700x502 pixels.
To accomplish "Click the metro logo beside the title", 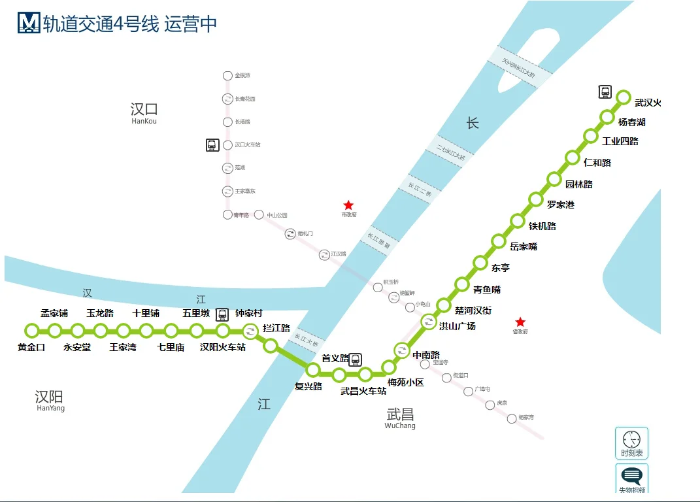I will click(29, 23).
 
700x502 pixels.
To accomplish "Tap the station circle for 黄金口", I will click(31, 331).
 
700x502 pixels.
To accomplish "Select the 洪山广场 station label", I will click(457, 326).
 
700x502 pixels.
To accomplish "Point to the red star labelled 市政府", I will click(348, 205).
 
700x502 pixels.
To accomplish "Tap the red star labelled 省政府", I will click(520, 322).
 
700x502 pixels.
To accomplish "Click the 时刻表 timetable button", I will click(631, 443).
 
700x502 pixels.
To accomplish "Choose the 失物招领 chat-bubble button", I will click(631, 478).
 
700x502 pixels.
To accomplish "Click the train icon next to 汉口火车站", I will click(212, 145).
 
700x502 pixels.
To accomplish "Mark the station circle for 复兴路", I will click(313, 370).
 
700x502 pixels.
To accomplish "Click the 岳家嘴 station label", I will click(523, 246).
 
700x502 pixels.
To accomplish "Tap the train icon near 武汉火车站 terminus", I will click(605, 92).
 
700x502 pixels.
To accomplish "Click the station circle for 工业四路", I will click(591, 136).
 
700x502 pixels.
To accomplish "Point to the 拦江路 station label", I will click(276, 328).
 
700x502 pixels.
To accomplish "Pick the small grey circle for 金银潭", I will click(227, 76).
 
